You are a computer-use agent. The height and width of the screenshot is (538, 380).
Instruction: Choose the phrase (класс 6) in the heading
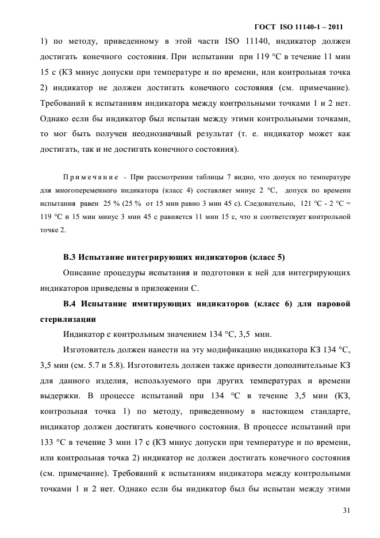[x=267, y=303]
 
